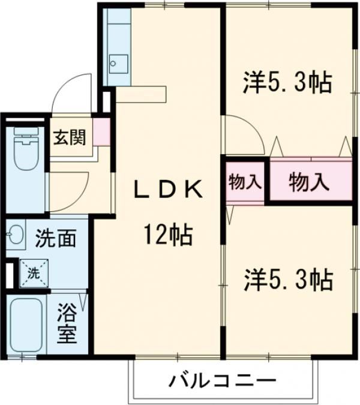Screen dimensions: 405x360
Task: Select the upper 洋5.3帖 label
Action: pos(287,84)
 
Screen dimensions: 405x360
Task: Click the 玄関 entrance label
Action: pos(70,138)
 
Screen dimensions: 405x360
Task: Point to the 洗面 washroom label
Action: pos(55,238)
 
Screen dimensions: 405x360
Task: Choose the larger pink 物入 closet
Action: pos(309,182)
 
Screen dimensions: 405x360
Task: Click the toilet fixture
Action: pos(25,147)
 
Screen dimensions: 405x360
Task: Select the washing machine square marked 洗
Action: pos(34,272)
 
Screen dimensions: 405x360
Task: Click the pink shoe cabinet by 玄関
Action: pos(101,133)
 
